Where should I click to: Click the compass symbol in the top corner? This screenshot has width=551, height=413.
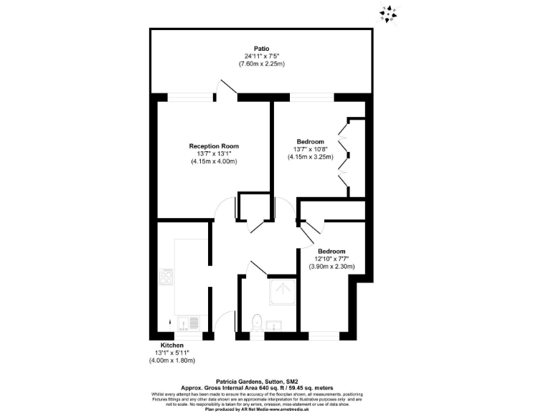tap(389, 14)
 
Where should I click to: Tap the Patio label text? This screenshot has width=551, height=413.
tap(261, 48)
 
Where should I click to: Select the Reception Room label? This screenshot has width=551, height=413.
tap(214, 146)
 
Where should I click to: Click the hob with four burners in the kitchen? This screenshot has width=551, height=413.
tap(166, 276)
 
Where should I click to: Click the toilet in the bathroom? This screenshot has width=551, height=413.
tap(257, 323)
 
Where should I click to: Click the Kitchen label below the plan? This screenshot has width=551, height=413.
tap(162, 344)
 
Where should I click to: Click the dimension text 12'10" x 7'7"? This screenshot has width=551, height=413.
tap(331, 259)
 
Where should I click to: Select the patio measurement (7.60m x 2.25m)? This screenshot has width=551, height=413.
tap(262, 64)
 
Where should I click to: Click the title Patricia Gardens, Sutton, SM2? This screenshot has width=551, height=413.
tap(257, 382)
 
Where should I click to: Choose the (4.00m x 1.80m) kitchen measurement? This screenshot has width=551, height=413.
tap(172, 360)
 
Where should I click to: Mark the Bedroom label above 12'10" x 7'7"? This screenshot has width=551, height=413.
tap(331, 251)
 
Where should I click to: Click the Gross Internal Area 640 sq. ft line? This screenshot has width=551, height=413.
tap(257, 388)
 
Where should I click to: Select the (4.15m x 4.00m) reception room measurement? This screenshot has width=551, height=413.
tap(214, 161)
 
